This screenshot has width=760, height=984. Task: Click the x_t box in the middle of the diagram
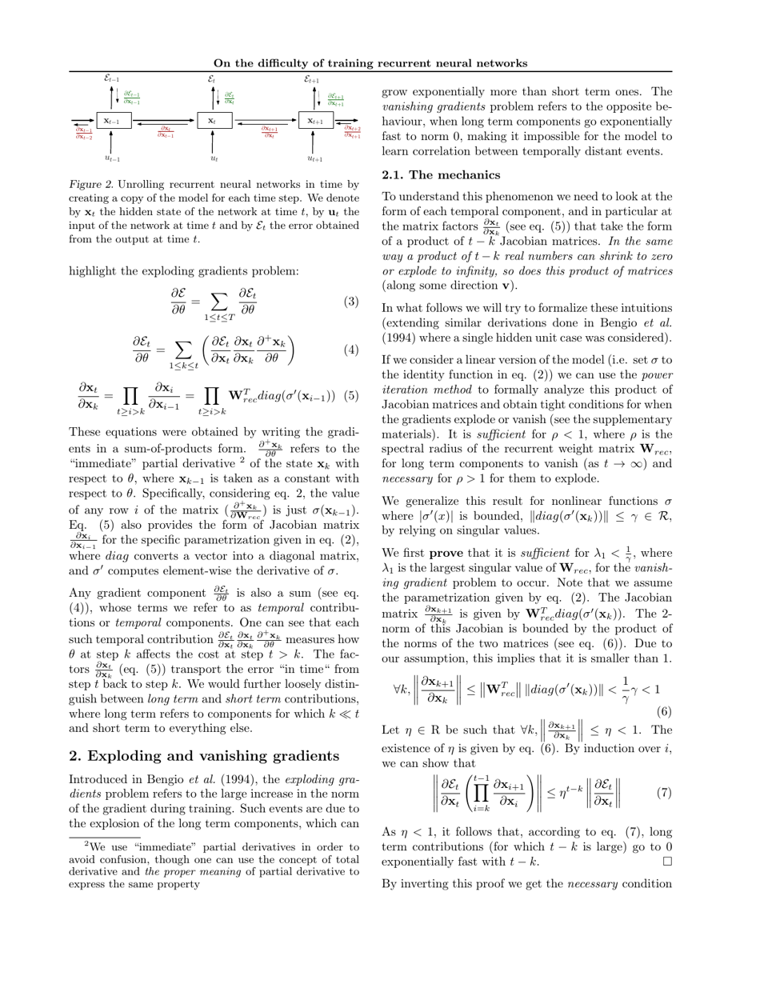click(x=214, y=121)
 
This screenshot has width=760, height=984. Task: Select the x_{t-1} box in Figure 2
click(x=113, y=121)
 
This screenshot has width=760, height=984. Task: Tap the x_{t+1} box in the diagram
click(x=316, y=121)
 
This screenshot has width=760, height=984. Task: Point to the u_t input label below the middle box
click(x=214, y=158)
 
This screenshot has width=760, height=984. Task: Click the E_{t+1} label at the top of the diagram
click(x=311, y=79)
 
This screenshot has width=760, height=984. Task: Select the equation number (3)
click(x=351, y=302)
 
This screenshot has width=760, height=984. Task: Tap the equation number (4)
click(x=351, y=350)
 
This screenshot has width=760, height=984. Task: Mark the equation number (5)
click(x=351, y=396)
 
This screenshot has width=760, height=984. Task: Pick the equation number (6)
click(x=664, y=711)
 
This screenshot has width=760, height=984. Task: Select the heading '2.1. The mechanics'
click(x=441, y=175)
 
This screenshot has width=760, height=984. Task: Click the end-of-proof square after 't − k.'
click(x=667, y=862)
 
